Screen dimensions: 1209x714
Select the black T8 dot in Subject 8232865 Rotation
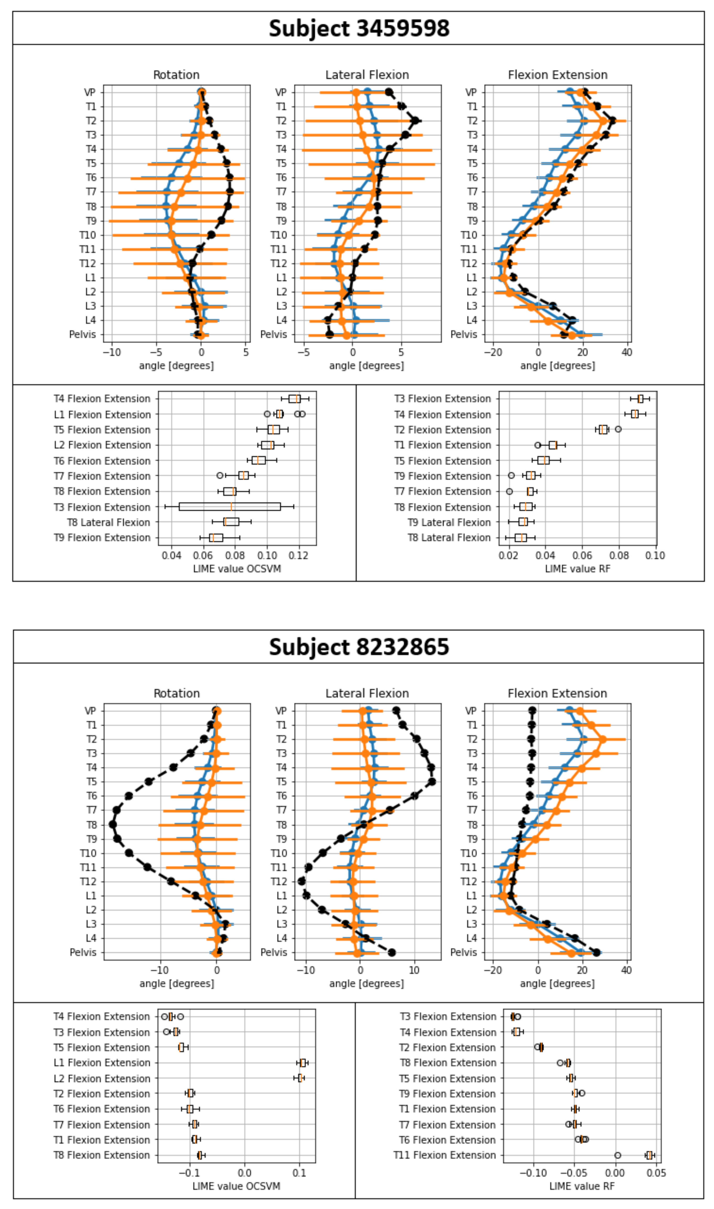[112, 825]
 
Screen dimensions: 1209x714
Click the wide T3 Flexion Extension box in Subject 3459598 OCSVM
[229, 507]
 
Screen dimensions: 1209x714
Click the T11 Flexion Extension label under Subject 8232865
[444, 1155]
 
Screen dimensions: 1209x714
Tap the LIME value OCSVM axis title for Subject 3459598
[237, 569]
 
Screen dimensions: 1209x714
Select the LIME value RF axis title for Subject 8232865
[582, 1186]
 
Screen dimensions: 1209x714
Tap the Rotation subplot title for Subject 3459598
[176, 75]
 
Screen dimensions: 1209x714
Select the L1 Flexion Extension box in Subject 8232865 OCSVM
[303, 1063]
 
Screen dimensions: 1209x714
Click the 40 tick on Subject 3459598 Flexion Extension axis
[626, 352]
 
